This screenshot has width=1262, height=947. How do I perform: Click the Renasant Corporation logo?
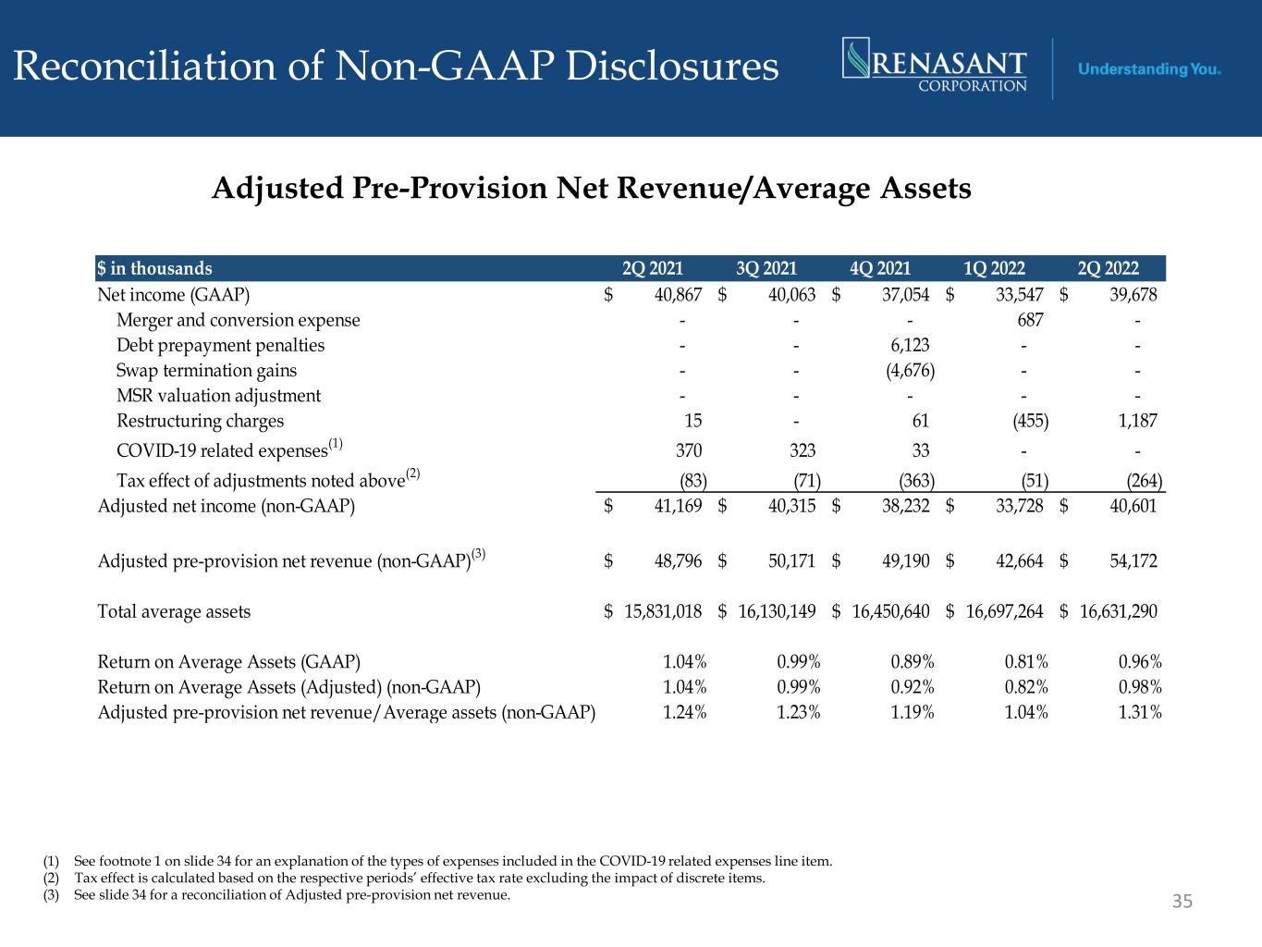935,66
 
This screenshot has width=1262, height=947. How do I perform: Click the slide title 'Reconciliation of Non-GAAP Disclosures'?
397,67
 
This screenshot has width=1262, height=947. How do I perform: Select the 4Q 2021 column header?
880,269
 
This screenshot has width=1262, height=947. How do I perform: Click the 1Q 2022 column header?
994,269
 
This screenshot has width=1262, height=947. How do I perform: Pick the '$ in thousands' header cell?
155,269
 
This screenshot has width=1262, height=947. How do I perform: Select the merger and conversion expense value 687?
1029,320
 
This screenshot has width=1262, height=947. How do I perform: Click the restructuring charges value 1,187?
1136,421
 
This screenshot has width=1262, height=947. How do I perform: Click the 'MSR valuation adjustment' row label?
218,396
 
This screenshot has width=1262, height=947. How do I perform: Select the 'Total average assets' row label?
174,611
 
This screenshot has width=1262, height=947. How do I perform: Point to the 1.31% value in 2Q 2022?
1140,712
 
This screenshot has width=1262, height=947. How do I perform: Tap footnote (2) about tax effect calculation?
405,879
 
